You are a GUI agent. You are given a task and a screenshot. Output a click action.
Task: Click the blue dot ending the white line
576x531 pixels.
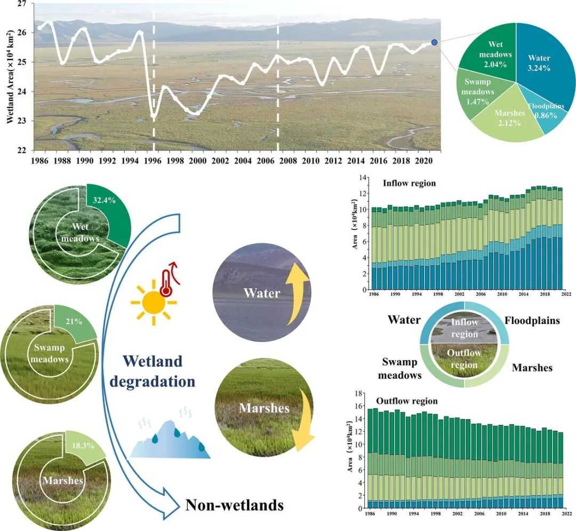tap(434, 42)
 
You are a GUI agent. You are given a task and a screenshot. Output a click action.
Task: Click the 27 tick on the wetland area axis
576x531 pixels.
tap(22, 3)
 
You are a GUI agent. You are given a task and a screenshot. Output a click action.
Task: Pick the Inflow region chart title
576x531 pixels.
tap(409, 184)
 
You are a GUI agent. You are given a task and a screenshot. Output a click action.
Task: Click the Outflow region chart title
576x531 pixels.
tap(407, 401)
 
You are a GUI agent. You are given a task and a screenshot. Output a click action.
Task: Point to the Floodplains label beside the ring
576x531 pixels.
tap(531, 321)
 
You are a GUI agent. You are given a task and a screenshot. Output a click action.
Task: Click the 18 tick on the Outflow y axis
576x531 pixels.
tap(358, 393)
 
